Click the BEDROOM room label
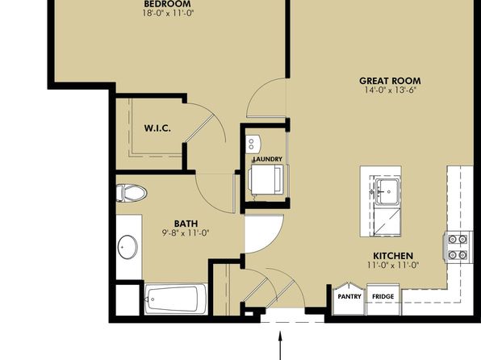tap(167, 4)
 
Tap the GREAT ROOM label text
tap(390, 81)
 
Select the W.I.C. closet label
tap(157, 128)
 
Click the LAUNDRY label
tap(267, 159)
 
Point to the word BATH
tap(186, 224)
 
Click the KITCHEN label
tap(393, 256)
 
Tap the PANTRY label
tap(349, 296)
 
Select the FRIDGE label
tap(383, 296)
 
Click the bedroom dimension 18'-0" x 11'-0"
tap(168, 13)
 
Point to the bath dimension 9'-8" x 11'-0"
tap(186, 233)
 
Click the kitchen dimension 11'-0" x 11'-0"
tap(393, 265)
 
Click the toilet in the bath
tap(132, 193)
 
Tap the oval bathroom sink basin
tap(128, 247)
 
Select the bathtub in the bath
tap(176, 299)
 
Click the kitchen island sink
tap(387, 191)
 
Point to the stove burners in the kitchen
tap(458, 247)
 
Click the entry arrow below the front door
tap(280, 345)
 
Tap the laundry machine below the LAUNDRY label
tap(266, 179)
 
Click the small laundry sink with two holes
tap(253, 144)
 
